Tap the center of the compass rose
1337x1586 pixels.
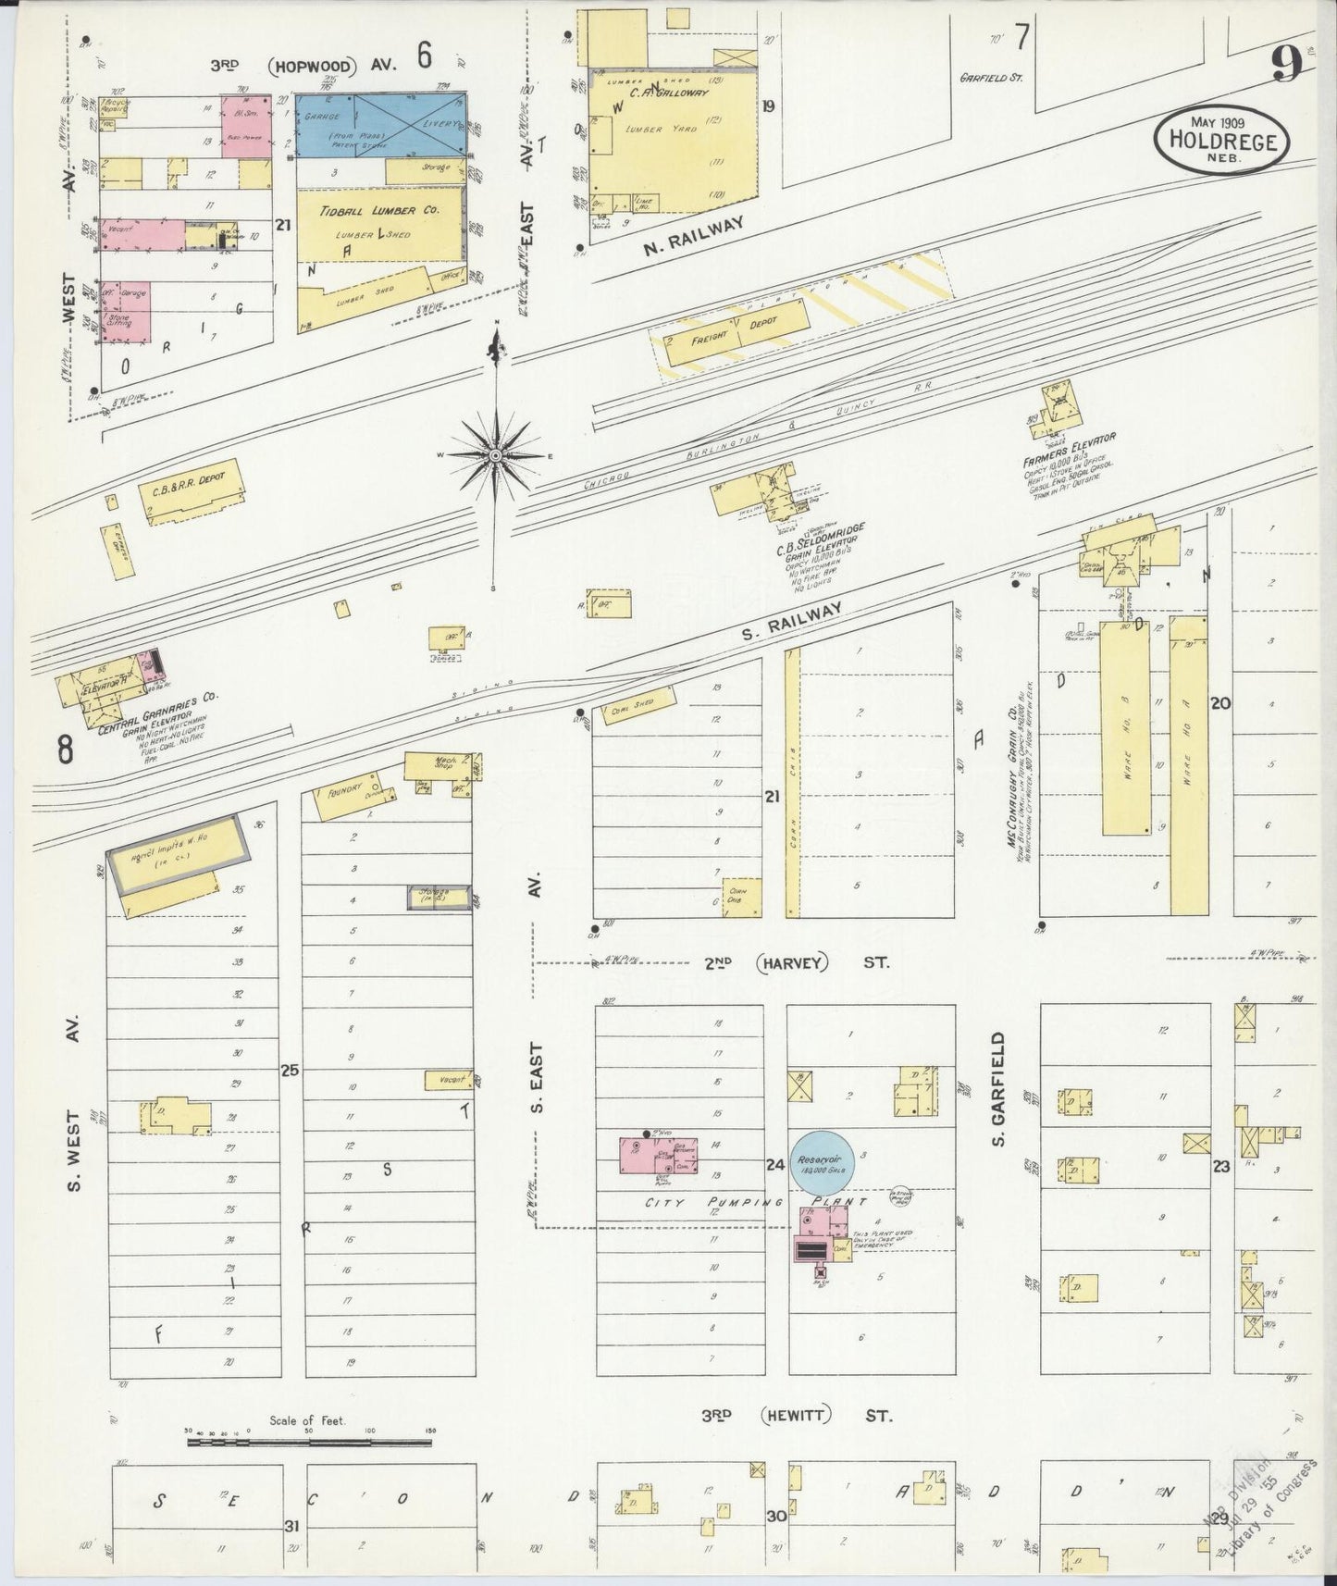click(496, 456)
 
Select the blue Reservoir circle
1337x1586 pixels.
click(822, 1160)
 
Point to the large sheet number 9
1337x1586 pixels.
click(1287, 65)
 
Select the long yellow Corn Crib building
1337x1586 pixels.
click(792, 783)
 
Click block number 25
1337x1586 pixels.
click(290, 1071)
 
